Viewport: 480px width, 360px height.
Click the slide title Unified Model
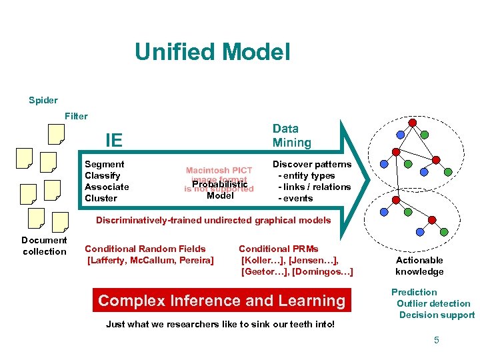pyautogui.click(x=212, y=52)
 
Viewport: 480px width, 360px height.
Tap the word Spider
pyautogui.click(x=43, y=101)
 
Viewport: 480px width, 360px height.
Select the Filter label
pyautogui.click(x=76, y=116)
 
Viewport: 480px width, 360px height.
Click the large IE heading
pyautogui.click(x=114, y=140)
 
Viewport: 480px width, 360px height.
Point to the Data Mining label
pyautogui.click(x=291, y=135)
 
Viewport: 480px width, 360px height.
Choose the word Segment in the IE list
pyautogui.click(x=104, y=164)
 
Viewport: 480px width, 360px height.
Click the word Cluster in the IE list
pyautogui.click(x=101, y=198)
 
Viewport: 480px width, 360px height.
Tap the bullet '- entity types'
pyautogui.click(x=306, y=175)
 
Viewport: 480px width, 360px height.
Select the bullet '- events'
pyautogui.click(x=295, y=198)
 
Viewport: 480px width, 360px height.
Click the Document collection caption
pyautogui.click(x=45, y=245)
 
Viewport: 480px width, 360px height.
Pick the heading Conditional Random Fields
pyautogui.click(x=145, y=249)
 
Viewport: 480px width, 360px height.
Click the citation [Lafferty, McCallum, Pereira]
pyautogui.click(x=151, y=260)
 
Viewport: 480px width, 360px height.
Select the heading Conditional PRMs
pyautogui.click(x=279, y=249)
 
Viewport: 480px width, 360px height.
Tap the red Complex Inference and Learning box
pyautogui.click(x=222, y=301)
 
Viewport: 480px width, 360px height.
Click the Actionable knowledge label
pyautogui.click(x=419, y=265)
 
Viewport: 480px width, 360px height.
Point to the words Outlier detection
pyautogui.click(x=433, y=303)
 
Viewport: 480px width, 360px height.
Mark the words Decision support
pyautogui.click(x=437, y=315)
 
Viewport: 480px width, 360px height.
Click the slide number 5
pyautogui.click(x=437, y=340)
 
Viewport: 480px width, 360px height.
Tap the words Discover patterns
pyautogui.click(x=312, y=164)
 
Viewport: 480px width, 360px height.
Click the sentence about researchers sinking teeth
pyautogui.click(x=220, y=325)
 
